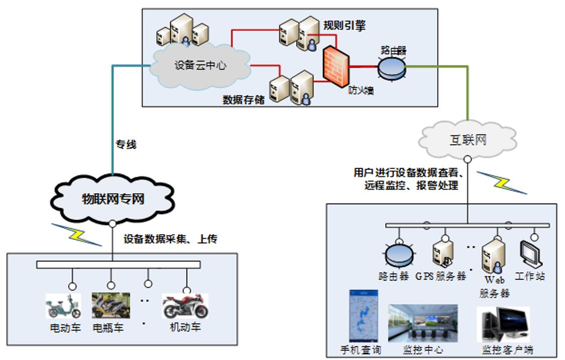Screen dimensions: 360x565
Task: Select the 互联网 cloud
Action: click(467, 140)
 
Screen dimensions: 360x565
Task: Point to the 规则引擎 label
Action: click(344, 26)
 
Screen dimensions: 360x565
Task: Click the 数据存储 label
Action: click(243, 99)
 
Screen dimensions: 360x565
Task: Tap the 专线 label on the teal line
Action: click(126, 145)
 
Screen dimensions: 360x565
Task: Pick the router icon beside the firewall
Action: click(392, 67)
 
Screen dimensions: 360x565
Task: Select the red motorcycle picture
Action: click(185, 306)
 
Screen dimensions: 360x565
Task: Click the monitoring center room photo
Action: click(423, 323)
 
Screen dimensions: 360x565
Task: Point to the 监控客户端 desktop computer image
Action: click(503, 324)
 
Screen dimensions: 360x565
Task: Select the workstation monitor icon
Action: click(531, 255)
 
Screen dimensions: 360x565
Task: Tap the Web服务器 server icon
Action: click(493, 255)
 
